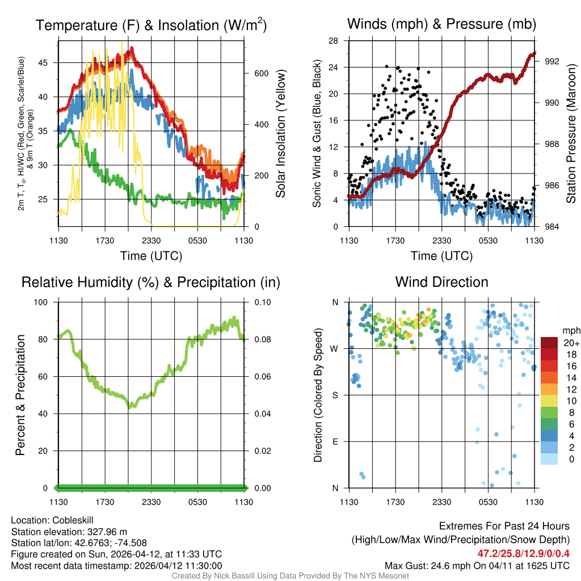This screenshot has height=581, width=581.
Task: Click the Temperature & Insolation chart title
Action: [x=151, y=26]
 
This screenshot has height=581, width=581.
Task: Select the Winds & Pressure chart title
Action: [x=441, y=24]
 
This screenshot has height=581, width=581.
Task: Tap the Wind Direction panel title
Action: [x=441, y=282]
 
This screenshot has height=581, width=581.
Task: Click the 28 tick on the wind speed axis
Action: [x=334, y=41]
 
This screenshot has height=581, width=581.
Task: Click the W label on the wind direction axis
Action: [x=335, y=348]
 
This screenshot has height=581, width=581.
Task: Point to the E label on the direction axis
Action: [x=335, y=441]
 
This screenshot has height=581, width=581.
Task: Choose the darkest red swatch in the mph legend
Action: [x=549, y=343]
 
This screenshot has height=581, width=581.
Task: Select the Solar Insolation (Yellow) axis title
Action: [x=280, y=133]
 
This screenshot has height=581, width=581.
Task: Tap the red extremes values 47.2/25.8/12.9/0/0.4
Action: [x=523, y=553]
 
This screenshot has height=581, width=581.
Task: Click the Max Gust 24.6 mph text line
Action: [x=477, y=566]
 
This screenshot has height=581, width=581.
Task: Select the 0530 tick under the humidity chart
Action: [x=197, y=502]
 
